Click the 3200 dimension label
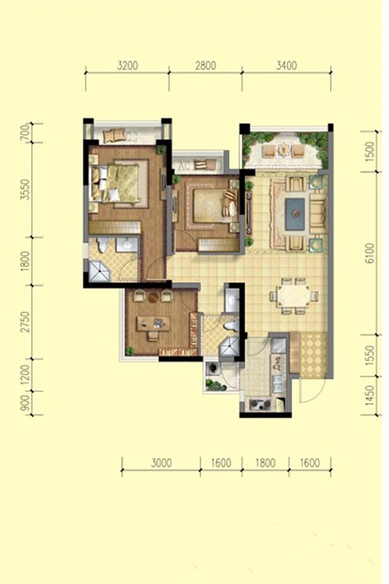point(127,66)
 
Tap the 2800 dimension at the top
point(206,66)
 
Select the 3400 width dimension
point(287,66)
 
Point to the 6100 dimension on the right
point(370,253)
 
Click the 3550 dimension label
point(25,189)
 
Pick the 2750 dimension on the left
point(25,322)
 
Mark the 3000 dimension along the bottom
point(161,463)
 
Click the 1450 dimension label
point(370,396)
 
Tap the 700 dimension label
point(25,132)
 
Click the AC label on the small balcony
point(183,165)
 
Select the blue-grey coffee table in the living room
point(295,214)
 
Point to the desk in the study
point(153,324)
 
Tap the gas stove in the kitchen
point(260,404)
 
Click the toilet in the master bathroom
point(102,245)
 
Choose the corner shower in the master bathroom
point(99,271)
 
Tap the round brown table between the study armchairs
point(154,297)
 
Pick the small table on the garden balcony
point(284,150)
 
